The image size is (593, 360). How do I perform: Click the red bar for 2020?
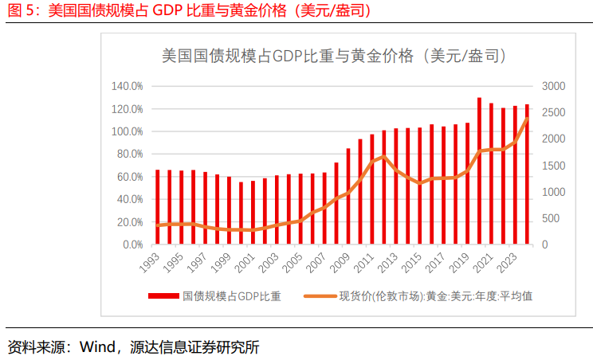479,171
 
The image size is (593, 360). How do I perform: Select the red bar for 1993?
157,207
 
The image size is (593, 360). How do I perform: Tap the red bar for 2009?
348,196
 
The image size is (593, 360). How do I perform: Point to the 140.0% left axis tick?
128,86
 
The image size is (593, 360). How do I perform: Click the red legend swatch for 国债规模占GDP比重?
164,296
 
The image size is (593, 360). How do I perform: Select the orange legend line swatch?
319,296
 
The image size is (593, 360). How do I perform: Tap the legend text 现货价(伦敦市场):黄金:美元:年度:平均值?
435,296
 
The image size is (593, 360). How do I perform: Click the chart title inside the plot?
333,56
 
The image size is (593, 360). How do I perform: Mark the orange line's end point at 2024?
527,119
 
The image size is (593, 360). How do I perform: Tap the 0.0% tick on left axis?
131,245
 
